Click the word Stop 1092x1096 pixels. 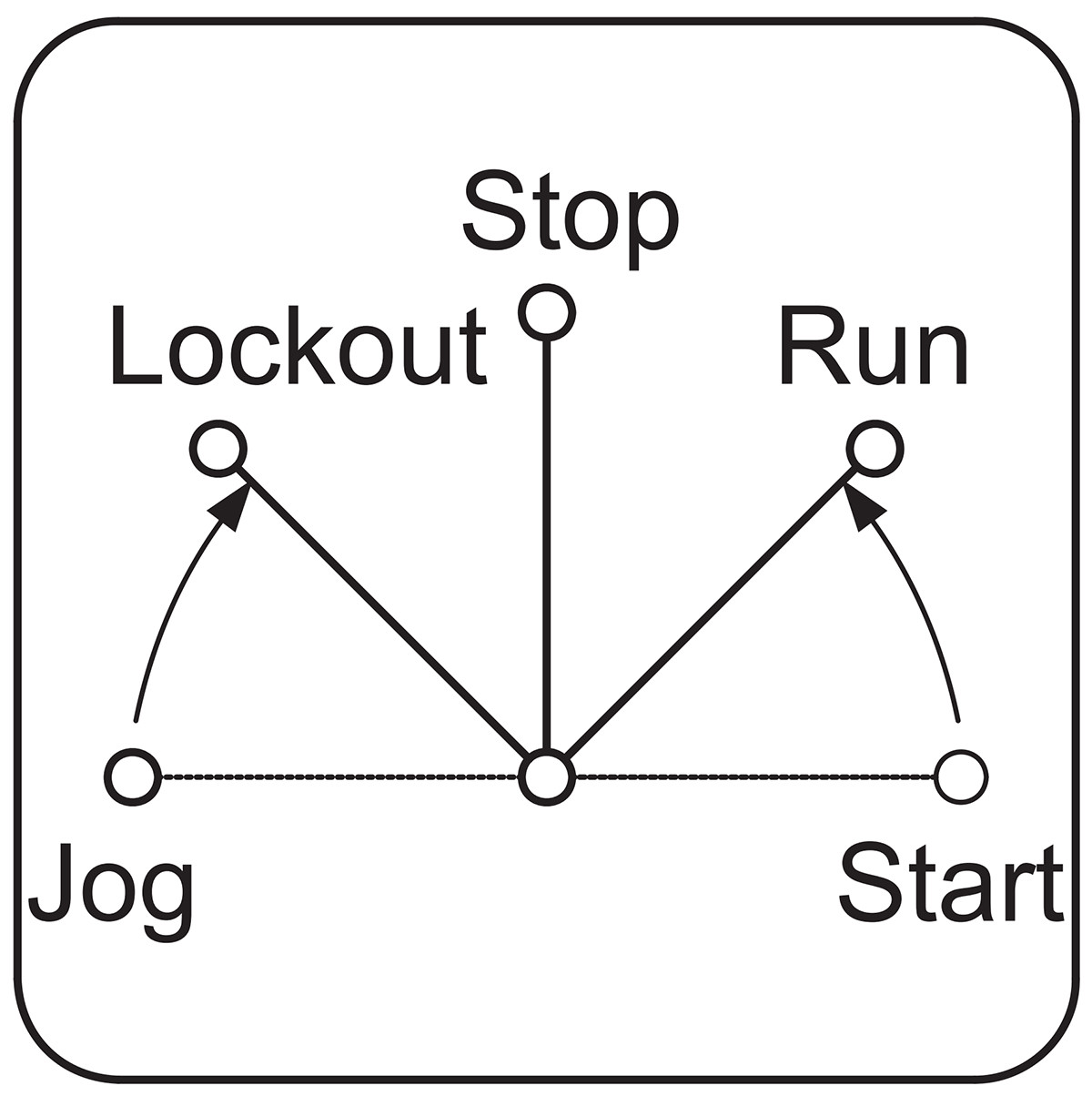(571, 223)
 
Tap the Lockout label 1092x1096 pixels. (299, 347)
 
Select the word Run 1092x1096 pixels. (874, 347)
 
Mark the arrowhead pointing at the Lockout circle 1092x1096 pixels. (231, 508)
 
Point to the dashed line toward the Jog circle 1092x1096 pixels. (339, 776)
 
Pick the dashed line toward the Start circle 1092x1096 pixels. (754, 776)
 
